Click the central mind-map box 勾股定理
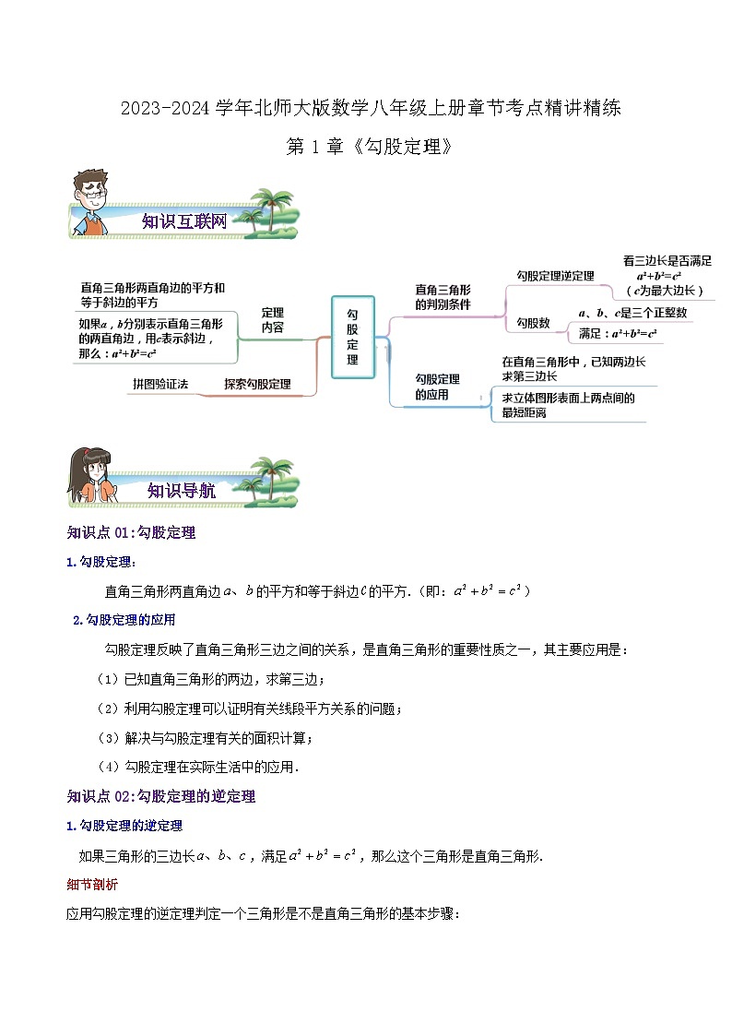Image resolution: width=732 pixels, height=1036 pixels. click(352, 337)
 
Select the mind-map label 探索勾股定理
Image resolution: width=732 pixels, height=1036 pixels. click(257, 384)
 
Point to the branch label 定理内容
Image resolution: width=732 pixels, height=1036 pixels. click(273, 320)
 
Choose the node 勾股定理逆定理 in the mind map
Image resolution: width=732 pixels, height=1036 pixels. click(555, 275)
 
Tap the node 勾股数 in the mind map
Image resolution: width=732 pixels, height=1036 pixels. click(533, 323)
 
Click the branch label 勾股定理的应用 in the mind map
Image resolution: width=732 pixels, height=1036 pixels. click(438, 387)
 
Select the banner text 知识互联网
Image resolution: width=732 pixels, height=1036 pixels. click(184, 221)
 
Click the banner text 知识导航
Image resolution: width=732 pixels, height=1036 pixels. click(182, 492)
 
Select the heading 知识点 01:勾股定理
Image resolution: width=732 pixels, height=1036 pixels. click(131, 532)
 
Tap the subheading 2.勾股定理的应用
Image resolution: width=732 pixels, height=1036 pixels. click(124, 620)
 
